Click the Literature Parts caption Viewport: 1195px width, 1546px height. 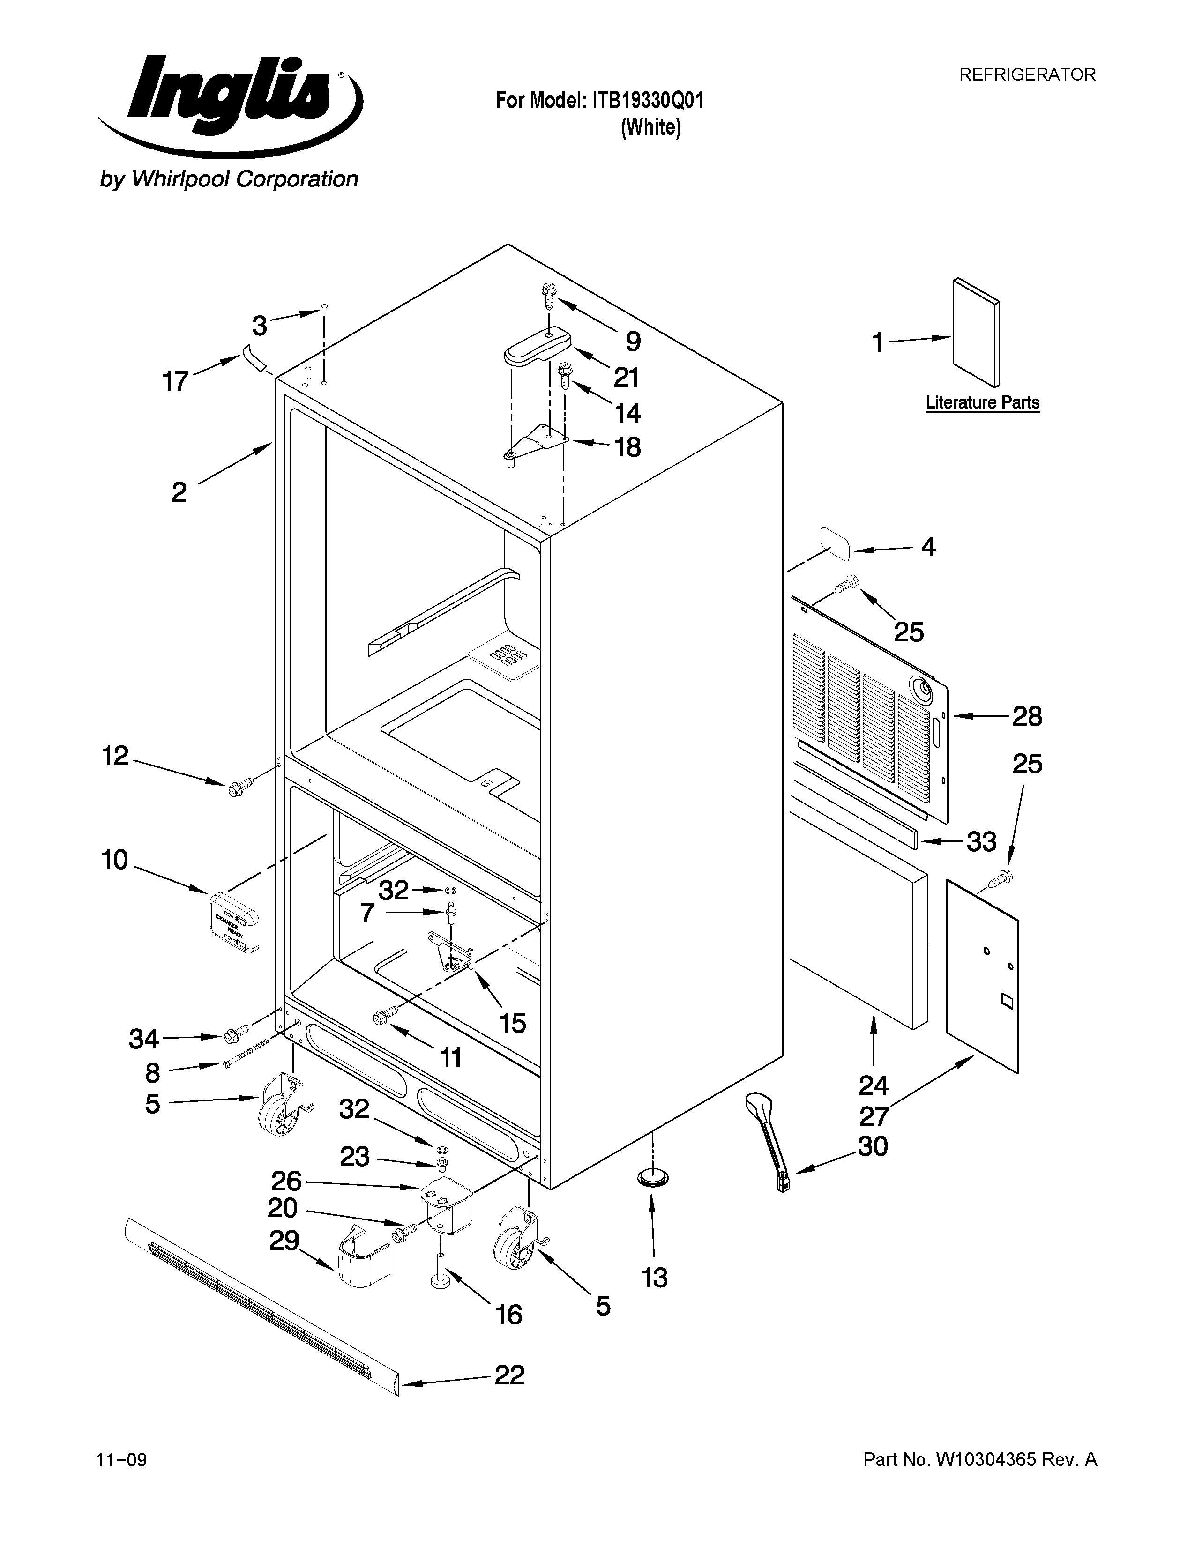pos(983,403)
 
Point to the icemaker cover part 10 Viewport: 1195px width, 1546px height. pos(234,922)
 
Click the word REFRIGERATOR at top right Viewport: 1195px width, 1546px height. pos(1026,74)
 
